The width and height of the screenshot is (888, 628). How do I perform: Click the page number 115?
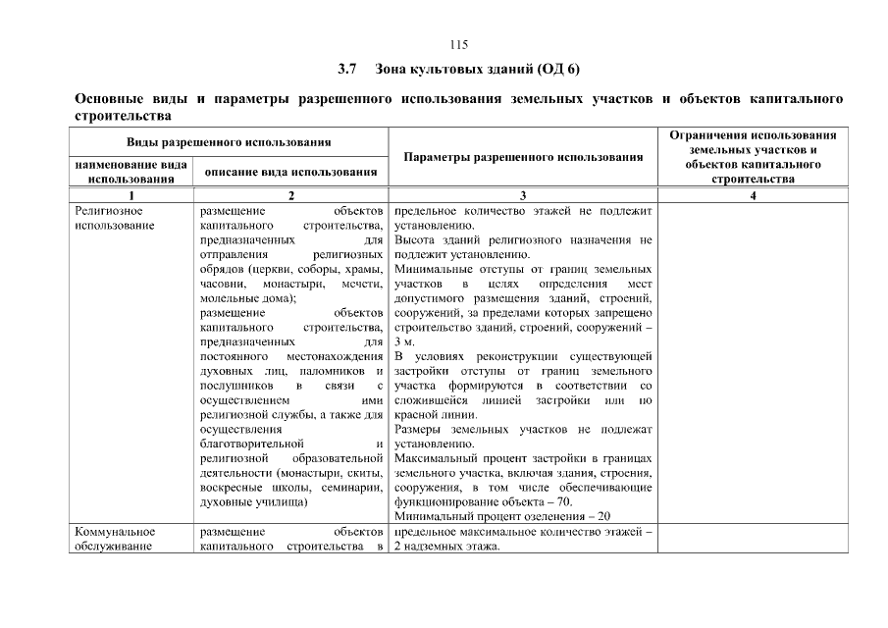pyautogui.click(x=459, y=45)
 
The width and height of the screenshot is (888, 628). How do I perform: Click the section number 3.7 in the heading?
pyautogui.click(x=346, y=71)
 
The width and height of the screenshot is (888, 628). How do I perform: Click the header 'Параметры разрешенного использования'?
pyautogui.click(x=523, y=157)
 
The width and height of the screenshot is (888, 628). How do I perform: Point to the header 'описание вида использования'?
pyautogui.click(x=290, y=172)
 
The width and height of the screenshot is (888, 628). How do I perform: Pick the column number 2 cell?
pyautogui.click(x=290, y=195)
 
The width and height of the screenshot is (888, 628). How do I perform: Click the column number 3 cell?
pyautogui.click(x=523, y=195)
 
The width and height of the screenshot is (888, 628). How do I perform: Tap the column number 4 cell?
pyautogui.click(x=753, y=195)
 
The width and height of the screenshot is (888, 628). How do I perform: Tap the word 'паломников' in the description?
pyautogui.click(x=329, y=372)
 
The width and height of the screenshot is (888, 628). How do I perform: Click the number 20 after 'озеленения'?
pyautogui.click(x=603, y=516)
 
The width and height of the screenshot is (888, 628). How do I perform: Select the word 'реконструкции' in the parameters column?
pyautogui.click(x=516, y=357)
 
